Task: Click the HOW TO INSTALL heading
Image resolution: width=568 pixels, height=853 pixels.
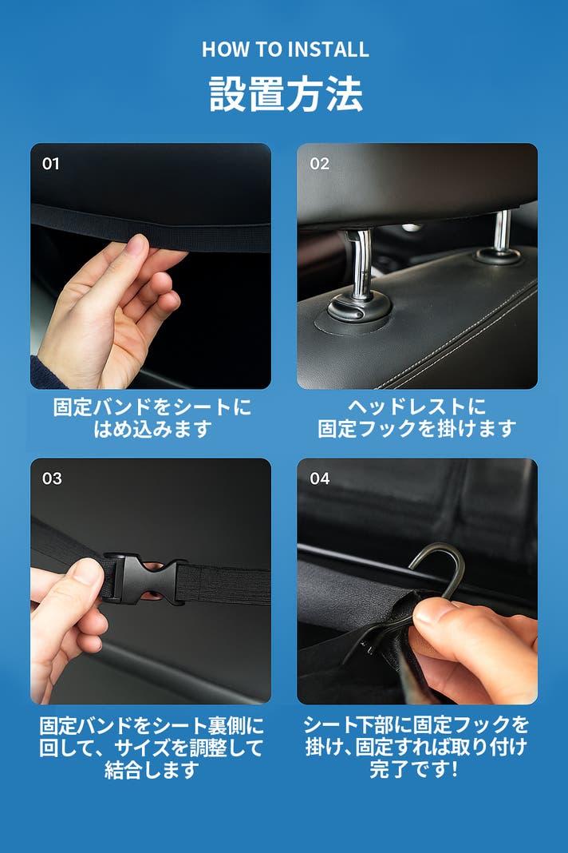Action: (286, 50)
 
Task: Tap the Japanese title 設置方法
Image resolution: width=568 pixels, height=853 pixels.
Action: (286, 93)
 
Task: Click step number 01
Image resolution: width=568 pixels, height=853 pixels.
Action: (50, 163)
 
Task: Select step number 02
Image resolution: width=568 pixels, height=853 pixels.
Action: (320, 163)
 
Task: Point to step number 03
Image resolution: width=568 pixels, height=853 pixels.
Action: (52, 478)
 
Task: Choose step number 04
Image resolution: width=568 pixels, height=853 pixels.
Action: (320, 478)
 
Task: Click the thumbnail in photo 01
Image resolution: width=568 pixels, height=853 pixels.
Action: (135, 246)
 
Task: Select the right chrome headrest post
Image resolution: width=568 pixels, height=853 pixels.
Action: (503, 230)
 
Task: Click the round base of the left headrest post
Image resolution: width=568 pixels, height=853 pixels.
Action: (358, 311)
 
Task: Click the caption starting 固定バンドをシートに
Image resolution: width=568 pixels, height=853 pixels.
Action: (152, 418)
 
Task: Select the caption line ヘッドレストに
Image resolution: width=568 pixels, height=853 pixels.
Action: (416, 407)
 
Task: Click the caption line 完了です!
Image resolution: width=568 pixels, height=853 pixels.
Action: (414, 769)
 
